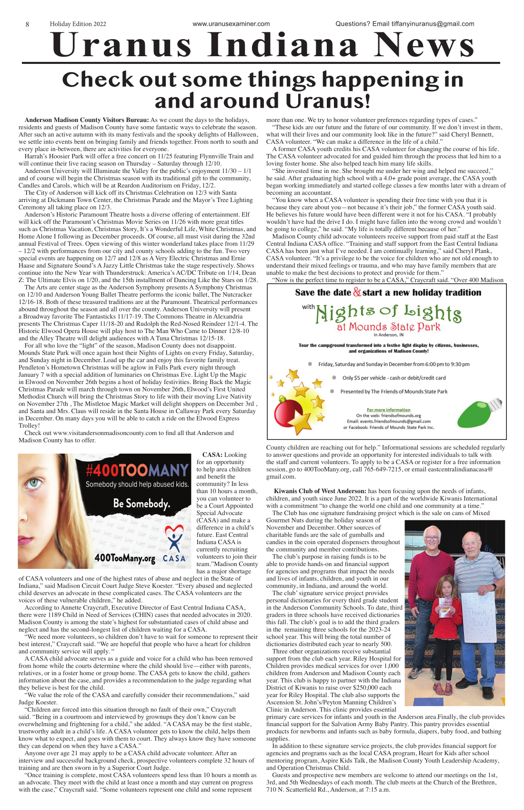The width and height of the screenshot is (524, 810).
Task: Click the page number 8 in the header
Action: point(27,24)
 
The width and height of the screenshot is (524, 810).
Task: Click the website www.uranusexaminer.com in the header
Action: point(231,24)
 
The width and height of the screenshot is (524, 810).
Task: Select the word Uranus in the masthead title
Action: point(121,45)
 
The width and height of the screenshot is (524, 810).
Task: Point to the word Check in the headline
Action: point(98,80)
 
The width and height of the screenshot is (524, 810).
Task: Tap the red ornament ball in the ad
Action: point(287,409)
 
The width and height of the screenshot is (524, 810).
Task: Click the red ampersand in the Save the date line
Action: point(357,292)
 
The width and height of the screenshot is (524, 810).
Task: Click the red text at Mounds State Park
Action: point(388,327)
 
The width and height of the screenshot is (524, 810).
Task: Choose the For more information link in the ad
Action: point(388,410)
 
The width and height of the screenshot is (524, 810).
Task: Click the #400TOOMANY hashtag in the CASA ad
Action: point(137,471)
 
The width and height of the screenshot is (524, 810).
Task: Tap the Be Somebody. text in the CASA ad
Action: point(141,503)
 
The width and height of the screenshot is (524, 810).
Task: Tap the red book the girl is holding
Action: point(445,607)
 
